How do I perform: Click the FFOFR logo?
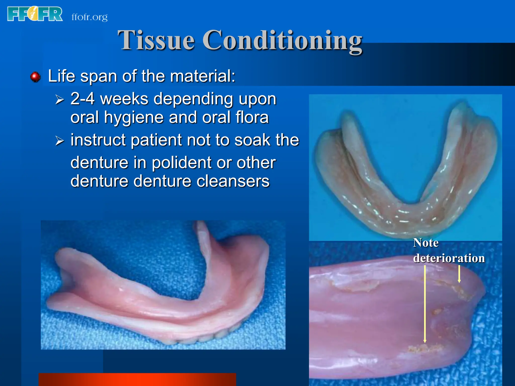[35, 14]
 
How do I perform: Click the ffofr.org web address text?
[90, 17]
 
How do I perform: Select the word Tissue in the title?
[156, 40]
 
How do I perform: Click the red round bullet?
[35, 77]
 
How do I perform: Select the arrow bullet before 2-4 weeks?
[60, 100]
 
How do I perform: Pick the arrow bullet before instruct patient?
[60, 140]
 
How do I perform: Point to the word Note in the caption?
[426, 243]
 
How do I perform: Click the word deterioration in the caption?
[449, 258]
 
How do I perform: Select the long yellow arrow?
[425, 304]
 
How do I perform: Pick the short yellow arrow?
[459, 274]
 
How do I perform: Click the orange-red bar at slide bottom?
[137, 379]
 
